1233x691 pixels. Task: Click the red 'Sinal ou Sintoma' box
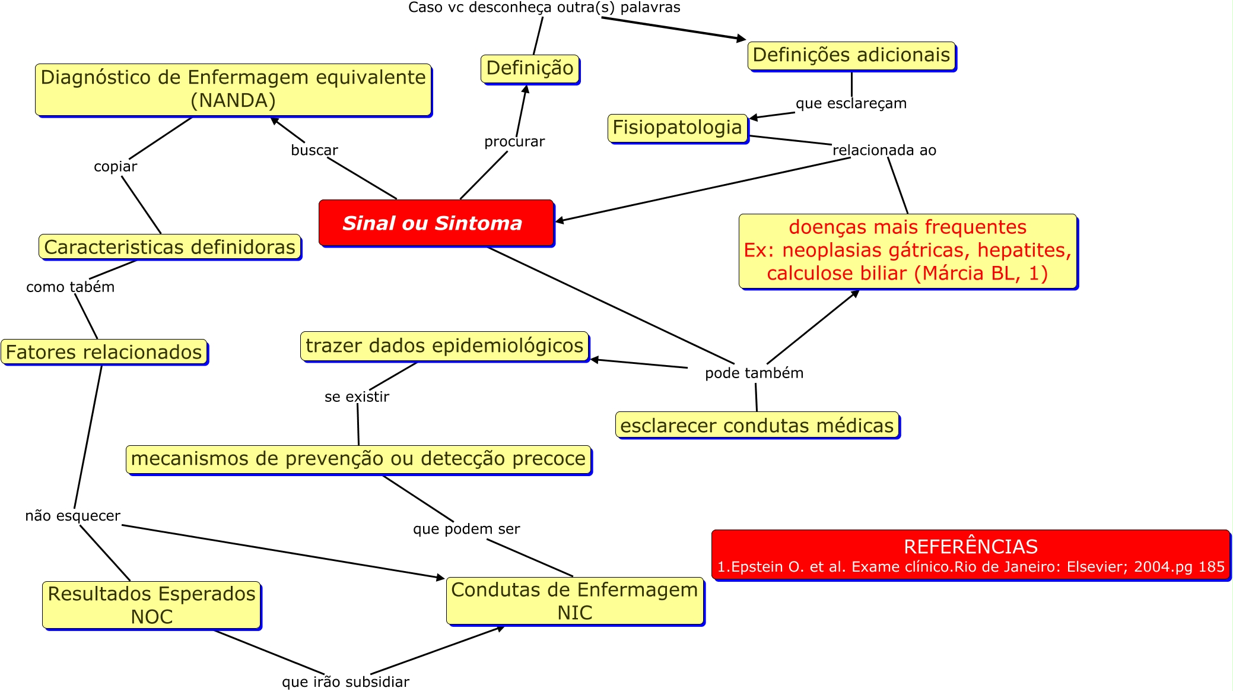point(436,223)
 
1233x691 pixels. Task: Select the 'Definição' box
point(529,69)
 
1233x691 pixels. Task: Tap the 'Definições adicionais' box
point(851,56)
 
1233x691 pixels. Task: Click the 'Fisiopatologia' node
point(677,128)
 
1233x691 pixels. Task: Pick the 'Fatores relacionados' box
point(104,352)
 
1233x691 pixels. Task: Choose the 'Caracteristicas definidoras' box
point(169,247)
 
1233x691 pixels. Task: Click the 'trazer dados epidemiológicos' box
point(444,346)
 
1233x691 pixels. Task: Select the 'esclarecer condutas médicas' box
point(757,426)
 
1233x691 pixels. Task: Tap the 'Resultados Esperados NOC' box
point(151,605)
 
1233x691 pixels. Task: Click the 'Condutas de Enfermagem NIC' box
point(574,601)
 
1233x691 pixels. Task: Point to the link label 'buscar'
point(314,150)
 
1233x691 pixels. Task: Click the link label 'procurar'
point(514,142)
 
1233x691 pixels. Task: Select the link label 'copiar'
point(115,167)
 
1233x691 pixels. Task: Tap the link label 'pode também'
point(754,373)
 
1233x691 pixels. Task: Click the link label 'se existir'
point(357,397)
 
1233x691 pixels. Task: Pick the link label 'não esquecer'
point(72,516)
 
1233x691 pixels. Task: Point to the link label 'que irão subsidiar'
point(345,682)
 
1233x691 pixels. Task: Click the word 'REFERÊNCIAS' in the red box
point(970,546)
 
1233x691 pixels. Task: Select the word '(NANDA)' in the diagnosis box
point(233,100)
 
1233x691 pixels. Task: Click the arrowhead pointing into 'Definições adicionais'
point(741,39)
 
